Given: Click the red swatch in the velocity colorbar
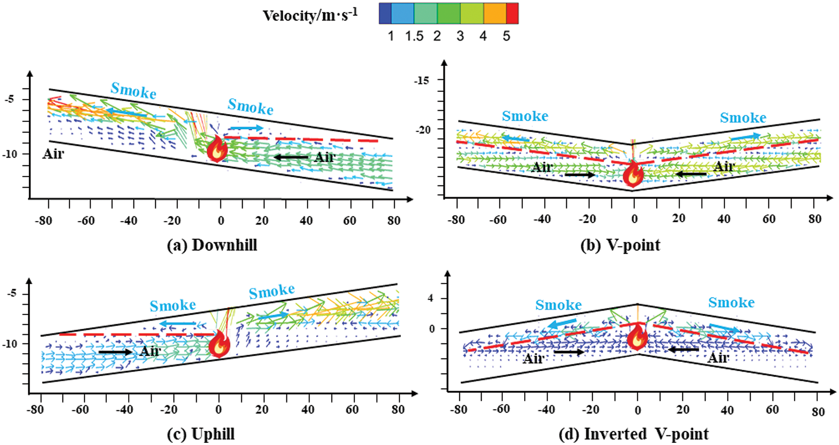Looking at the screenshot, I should (512, 13).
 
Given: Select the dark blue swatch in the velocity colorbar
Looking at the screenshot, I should (385, 13).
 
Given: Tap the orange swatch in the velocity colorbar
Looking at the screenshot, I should (495, 13).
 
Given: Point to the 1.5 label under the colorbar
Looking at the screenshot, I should (414, 36).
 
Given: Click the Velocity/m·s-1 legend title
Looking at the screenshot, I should (310, 15).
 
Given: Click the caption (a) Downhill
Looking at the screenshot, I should (212, 245).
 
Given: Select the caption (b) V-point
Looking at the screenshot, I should (620, 245).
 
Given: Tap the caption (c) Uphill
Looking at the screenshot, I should (201, 434).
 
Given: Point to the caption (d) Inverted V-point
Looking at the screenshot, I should (634, 434).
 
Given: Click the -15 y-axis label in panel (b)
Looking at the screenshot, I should (421, 80).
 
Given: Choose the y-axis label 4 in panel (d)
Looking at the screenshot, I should (431, 298).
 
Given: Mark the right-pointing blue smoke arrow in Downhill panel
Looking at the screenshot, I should (246, 128).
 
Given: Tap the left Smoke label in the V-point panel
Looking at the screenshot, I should (525, 116).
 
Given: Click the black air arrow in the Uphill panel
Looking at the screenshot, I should (115, 352).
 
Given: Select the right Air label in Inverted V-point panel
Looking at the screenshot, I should (718, 357).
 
